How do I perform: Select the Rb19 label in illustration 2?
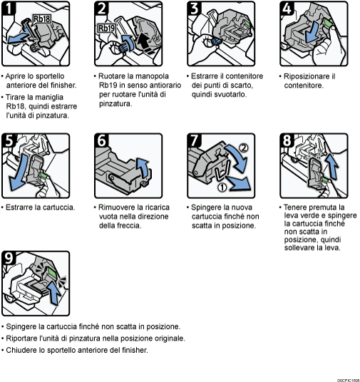(x=106, y=29)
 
